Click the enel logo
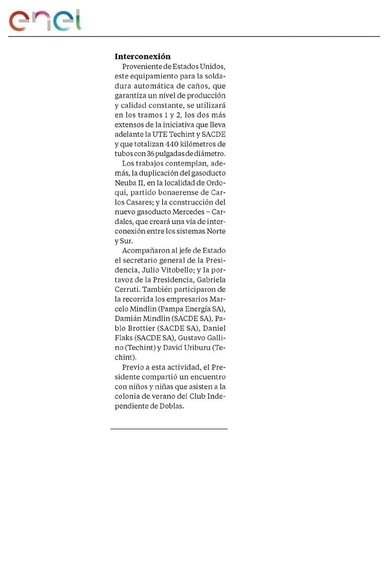tap(45, 20)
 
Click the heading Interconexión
tap(142, 56)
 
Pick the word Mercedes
tap(186, 212)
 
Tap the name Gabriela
tap(212, 280)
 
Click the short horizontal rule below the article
tap(169, 429)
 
